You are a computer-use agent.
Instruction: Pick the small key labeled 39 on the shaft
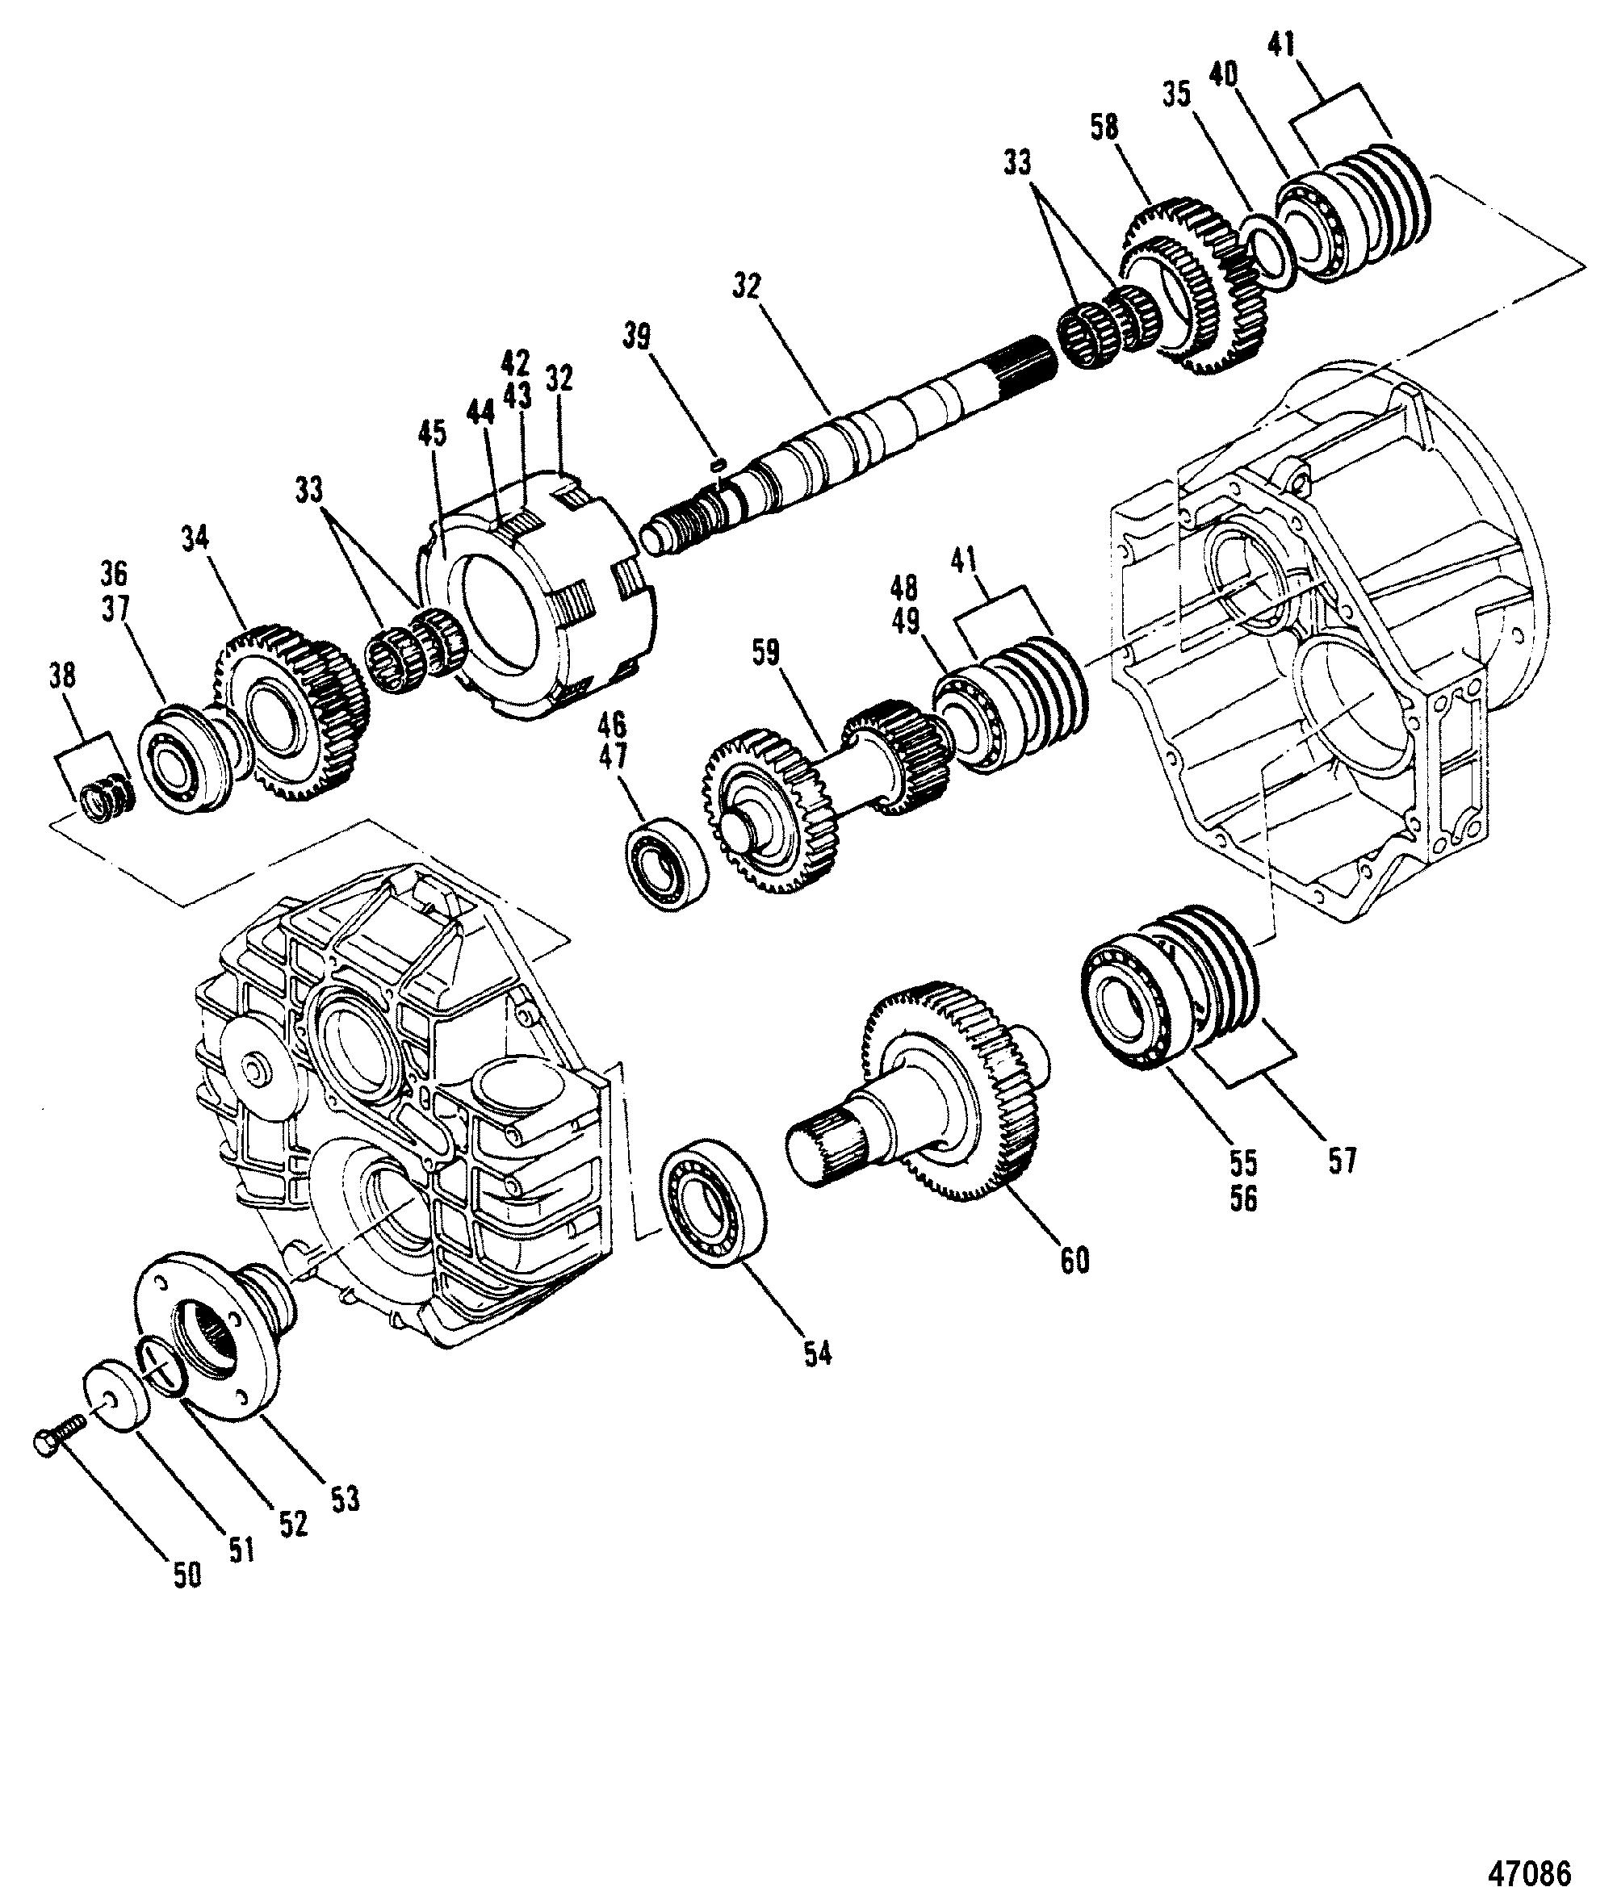tap(717, 464)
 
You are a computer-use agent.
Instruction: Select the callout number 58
tap(1104, 128)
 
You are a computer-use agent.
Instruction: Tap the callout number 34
tap(195, 538)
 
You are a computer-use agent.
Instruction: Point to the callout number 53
tap(346, 1498)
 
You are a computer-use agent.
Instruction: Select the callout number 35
tap(1177, 94)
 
